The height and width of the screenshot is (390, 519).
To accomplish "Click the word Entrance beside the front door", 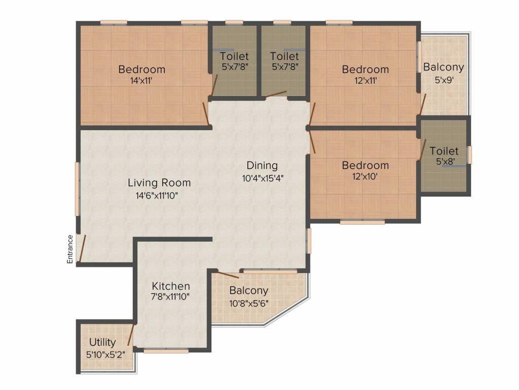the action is click(x=70, y=249).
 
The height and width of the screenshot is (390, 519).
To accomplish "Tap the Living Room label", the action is click(x=159, y=183).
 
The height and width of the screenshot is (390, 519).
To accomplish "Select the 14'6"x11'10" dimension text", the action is click(x=157, y=196).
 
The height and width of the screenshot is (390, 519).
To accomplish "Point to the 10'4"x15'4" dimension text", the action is click(x=263, y=178).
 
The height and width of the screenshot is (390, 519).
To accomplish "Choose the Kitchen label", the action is click(x=171, y=286).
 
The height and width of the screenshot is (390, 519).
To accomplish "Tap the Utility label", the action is click(x=102, y=342).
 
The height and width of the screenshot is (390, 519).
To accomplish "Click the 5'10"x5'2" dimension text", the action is click(x=105, y=354).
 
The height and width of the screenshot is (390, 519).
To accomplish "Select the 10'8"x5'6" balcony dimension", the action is click(x=249, y=303).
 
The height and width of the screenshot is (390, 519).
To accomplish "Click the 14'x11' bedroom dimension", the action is click(x=141, y=80).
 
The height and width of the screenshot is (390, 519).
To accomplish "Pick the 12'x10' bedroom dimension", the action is click(x=365, y=176).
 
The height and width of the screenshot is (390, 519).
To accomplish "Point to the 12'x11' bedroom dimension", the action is click(x=365, y=81).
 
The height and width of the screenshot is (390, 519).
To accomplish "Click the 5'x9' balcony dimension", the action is click(x=444, y=80).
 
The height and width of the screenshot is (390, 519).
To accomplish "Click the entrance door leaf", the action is click(x=83, y=248).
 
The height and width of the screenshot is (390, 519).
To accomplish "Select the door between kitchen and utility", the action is click(x=131, y=335).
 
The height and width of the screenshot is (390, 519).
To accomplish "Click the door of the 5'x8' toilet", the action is click(x=423, y=150).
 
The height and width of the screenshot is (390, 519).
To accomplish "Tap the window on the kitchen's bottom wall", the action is click(x=166, y=350).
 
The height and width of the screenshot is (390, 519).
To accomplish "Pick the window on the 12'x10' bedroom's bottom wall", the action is click(x=362, y=222).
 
